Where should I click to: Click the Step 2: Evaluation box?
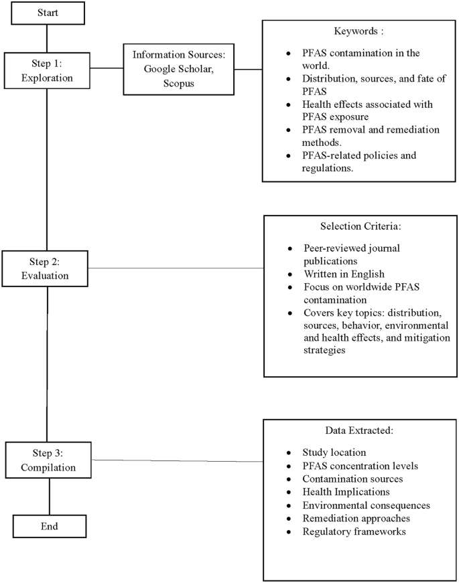[45, 268]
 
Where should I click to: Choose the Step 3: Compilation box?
[48, 460]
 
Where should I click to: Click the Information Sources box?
[174, 68]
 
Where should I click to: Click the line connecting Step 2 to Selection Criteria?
[176, 269]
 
